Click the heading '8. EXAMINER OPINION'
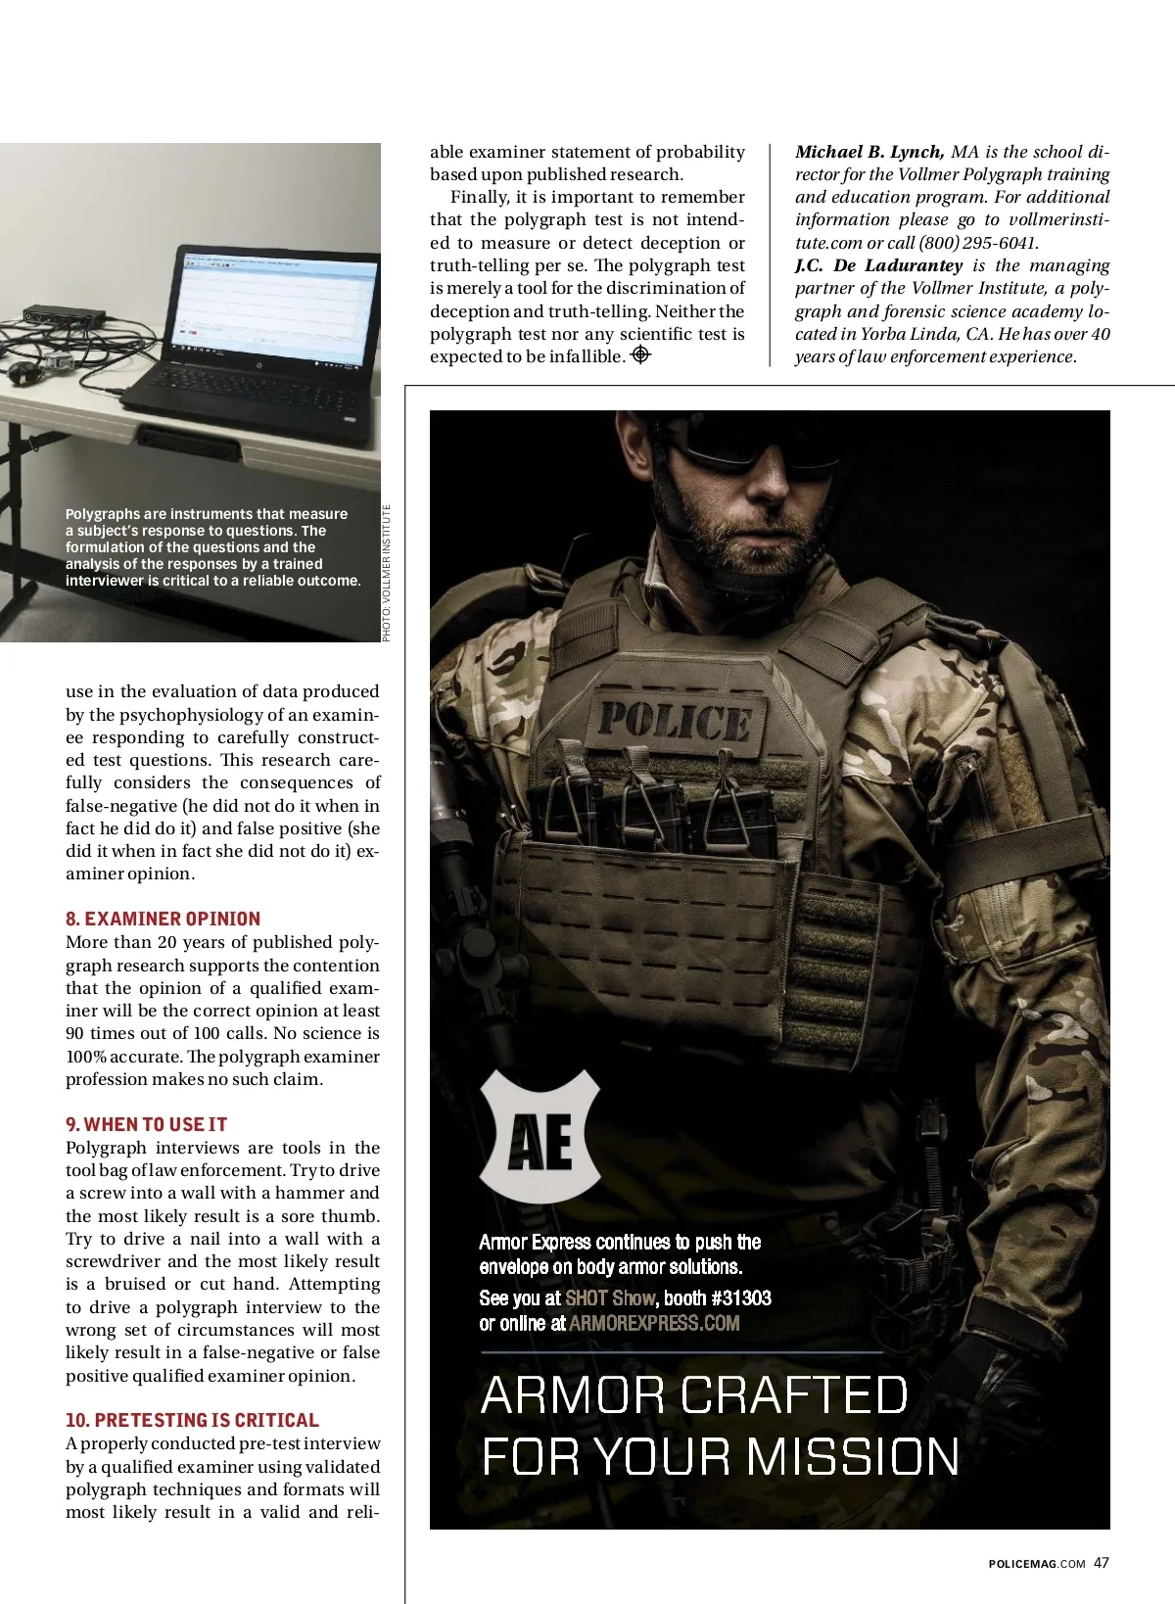[x=163, y=919]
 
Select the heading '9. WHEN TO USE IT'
[x=146, y=1124]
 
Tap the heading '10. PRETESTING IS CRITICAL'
[x=192, y=1420]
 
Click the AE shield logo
[x=540, y=1136]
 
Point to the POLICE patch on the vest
[x=675, y=722]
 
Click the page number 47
[x=1102, y=1563]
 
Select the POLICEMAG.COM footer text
[x=1037, y=1564]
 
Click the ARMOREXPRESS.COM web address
[x=654, y=1323]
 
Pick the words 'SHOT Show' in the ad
[x=609, y=1298]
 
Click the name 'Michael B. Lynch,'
[x=869, y=152]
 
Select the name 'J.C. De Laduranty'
[x=878, y=265]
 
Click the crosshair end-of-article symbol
[x=640, y=355]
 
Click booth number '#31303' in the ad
[x=738, y=1298]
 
